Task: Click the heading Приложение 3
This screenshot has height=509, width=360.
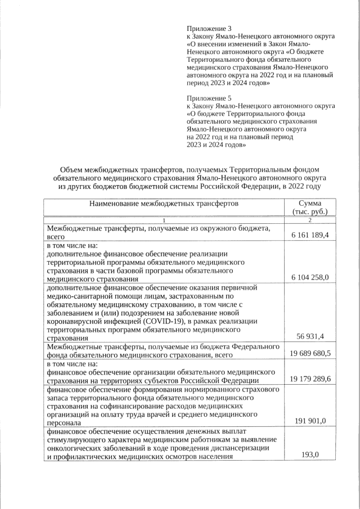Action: tap(209, 28)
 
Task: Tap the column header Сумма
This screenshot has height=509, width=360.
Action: tap(310, 203)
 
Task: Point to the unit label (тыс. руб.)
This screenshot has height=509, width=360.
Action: tap(310, 212)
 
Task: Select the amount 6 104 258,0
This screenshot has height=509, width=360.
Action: tap(310, 277)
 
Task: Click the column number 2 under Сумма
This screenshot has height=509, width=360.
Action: tap(310, 220)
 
